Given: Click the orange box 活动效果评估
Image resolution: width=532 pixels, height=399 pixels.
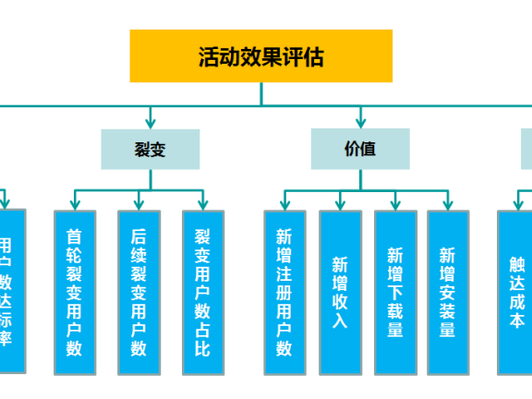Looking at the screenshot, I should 260,56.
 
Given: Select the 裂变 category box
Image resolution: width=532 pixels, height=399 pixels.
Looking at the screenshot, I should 150,149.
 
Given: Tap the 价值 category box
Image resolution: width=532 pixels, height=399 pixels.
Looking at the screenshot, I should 359,149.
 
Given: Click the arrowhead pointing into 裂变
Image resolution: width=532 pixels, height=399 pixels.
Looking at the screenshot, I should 150,123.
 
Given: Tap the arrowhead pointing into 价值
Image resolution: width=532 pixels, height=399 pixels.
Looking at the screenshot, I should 360,123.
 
